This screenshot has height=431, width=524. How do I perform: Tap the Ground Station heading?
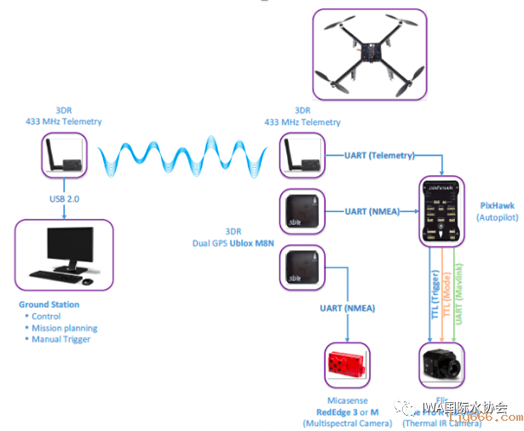[x=49, y=304]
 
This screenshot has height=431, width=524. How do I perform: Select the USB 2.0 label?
[x=64, y=199]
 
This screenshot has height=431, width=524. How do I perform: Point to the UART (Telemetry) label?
[x=379, y=156]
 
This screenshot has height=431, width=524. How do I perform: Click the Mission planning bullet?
[x=64, y=328]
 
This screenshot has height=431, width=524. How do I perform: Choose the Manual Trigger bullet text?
[x=60, y=340]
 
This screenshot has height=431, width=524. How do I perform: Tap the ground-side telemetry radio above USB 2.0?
[x=63, y=158]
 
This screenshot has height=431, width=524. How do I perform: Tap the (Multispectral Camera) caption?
[x=348, y=423]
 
